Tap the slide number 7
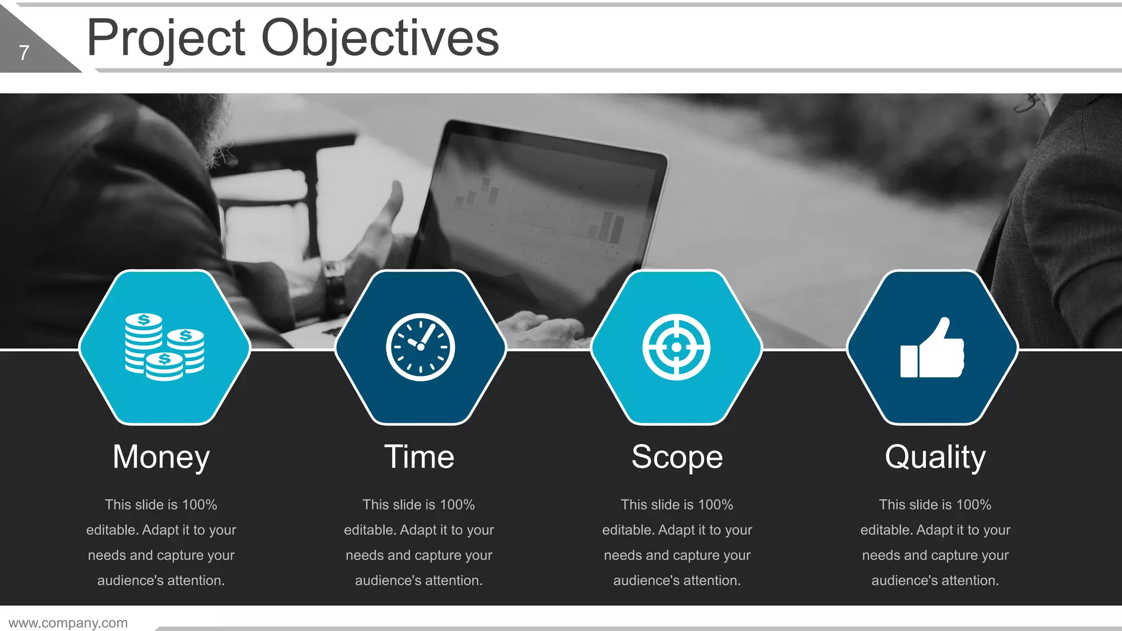coord(24,53)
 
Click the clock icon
coord(420,347)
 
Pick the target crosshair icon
coord(676,347)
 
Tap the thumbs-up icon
coord(932,349)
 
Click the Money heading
coord(161,457)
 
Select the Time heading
coord(419,457)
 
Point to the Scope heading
coord(677,457)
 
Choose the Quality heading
coord(935,457)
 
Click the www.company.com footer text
coord(68,623)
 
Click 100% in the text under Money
coord(199,504)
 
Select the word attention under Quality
coord(967,581)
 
